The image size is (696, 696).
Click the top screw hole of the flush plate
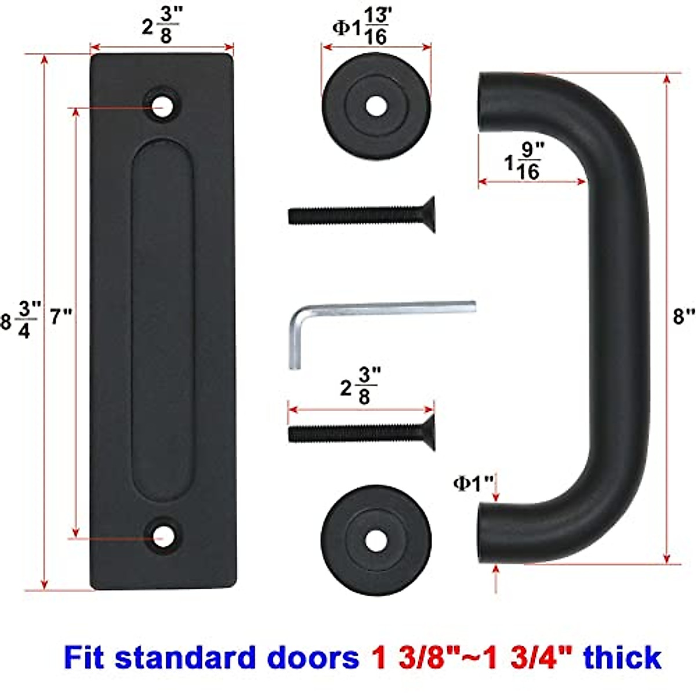coord(162,107)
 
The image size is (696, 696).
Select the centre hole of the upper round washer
coord(376,106)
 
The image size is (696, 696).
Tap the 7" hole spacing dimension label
coord(61,317)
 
